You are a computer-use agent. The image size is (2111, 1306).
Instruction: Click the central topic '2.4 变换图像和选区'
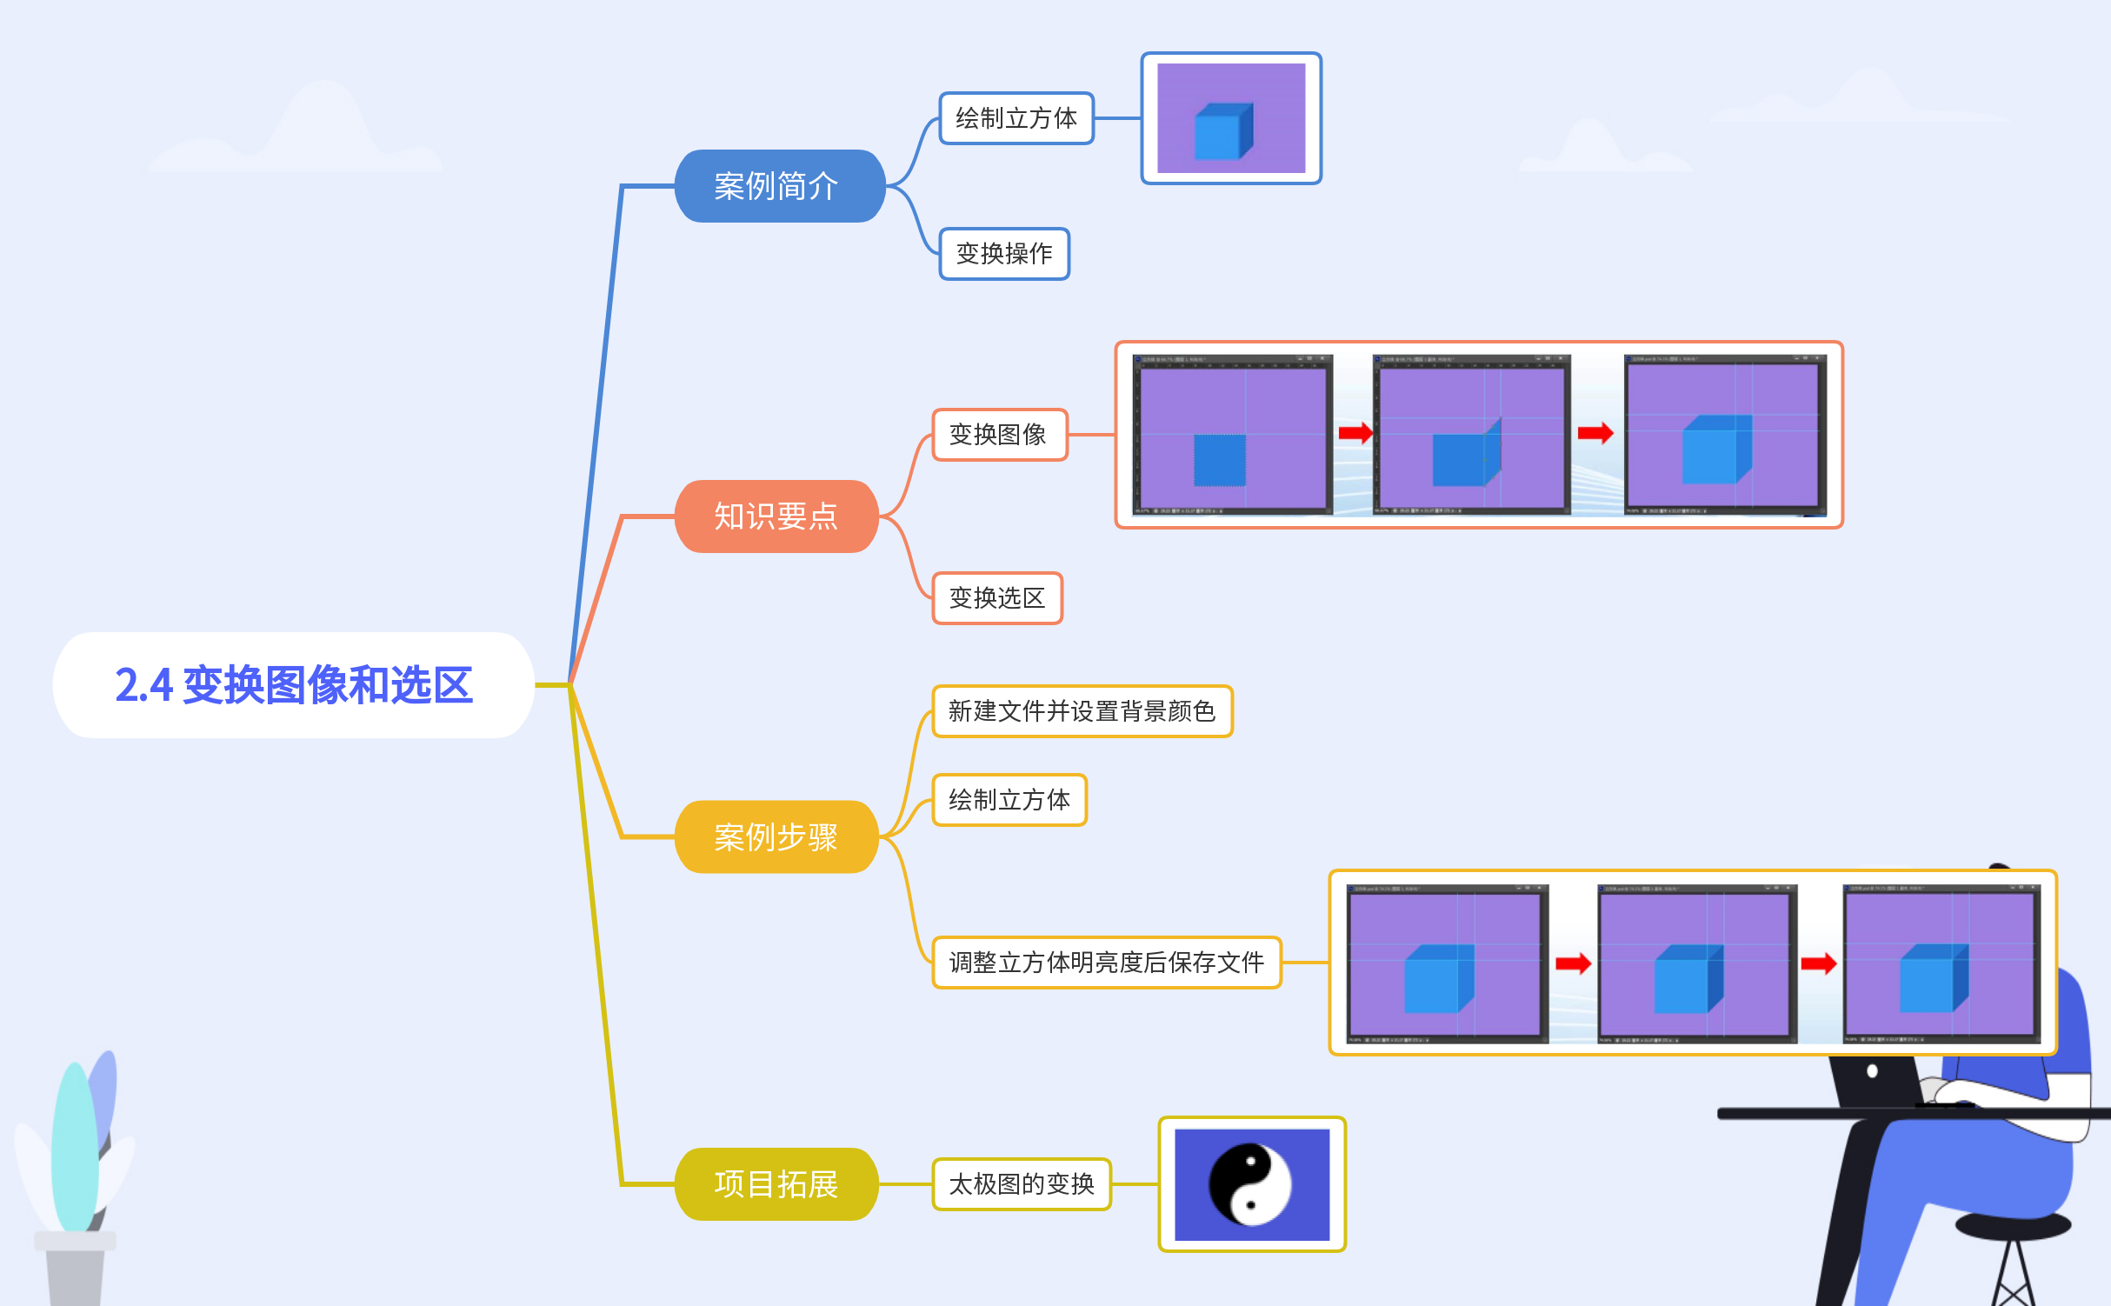(294, 685)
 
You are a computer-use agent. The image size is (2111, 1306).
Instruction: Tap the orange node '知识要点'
(776, 516)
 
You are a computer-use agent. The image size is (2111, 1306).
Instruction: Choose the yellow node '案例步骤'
(776, 836)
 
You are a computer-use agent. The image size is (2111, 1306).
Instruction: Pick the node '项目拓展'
(776, 1183)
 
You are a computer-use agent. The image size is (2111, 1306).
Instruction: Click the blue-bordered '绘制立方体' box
(1016, 118)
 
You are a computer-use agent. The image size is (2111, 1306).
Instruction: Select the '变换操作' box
(1004, 254)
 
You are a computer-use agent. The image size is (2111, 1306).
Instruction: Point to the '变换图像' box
(999, 435)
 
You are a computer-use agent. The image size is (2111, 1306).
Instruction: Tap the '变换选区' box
(997, 598)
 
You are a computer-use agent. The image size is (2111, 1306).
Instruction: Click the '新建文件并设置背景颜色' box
(1082, 711)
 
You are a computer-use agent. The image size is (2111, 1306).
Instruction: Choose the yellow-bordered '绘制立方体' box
(1009, 800)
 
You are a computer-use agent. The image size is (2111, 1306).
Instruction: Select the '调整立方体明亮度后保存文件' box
(1106, 963)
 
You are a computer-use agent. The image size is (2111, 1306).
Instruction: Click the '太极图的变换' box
(1022, 1183)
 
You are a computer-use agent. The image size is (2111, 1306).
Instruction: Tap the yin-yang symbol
(1250, 1183)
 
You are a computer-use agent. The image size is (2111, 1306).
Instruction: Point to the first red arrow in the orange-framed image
(1355, 432)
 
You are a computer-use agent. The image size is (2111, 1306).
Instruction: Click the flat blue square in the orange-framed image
(1219, 460)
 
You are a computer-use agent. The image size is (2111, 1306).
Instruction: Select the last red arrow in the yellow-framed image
(1818, 963)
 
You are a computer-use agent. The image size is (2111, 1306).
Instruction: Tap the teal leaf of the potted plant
(74, 1148)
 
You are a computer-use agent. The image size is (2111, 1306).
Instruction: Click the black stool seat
(2013, 1226)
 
